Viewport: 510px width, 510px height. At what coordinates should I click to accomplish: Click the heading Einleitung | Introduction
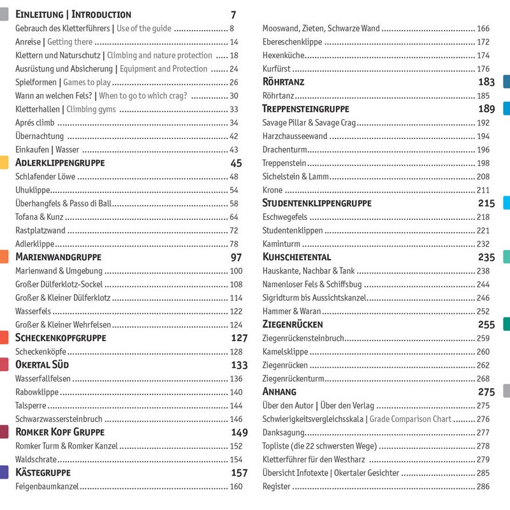click(73, 14)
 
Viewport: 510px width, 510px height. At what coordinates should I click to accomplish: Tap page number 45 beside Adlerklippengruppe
click(236, 163)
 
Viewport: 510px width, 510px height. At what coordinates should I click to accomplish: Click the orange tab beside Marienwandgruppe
click(4, 257)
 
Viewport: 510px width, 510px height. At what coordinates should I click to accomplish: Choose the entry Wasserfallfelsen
click(43, 379)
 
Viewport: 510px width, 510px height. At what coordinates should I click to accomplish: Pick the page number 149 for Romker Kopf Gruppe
click(239, 433)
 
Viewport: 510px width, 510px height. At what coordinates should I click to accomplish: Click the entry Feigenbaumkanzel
click(47, 486)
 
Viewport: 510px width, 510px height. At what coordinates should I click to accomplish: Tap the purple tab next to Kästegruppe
click(4, 472)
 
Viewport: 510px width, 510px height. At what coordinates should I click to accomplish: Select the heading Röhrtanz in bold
click(284, 82)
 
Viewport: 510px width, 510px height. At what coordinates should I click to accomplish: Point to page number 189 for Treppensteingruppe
click(486, 109)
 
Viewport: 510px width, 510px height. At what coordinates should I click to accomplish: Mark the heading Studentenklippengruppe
click(317, 203)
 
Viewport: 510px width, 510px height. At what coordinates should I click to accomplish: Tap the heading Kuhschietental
click(297, 258)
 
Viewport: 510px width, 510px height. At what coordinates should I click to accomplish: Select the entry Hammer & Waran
click(291, 311)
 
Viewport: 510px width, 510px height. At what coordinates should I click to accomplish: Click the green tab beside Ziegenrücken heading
click(506, 324)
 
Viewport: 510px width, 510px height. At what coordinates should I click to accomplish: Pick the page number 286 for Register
click(483, 486)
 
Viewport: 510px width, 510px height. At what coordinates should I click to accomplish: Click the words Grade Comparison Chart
click(410, 419)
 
